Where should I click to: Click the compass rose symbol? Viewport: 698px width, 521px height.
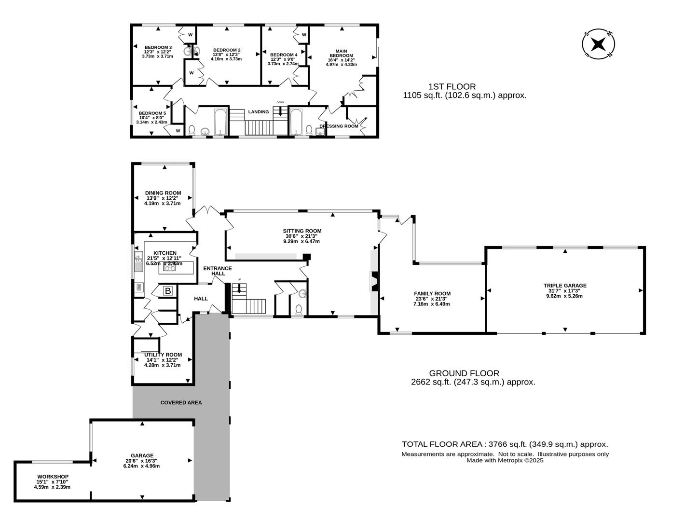click(x=598, y=44)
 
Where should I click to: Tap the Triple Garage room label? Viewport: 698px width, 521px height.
click(x=565, y=286)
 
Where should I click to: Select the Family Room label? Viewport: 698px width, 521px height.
click(x=432, y=293)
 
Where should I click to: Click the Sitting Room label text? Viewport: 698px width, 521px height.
click(x=302, y=231)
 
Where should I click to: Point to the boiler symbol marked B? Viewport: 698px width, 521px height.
click(x=168, y=291)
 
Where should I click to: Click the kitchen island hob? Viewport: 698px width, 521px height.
click(x=170, y=268)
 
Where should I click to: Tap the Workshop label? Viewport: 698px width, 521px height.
click(x=53, y=477)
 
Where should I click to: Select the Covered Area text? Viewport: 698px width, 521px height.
click(x=181, y=402)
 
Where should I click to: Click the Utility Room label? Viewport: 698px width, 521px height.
click(x=163, y=355)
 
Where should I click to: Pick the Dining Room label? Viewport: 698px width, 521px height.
click(x=163, y=193)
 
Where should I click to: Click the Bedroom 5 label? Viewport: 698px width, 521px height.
click(x=152, y=113)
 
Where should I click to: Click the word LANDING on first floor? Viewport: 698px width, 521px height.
click(x=259, y=112)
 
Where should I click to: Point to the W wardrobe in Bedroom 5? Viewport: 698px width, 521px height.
click(x=178, y=131)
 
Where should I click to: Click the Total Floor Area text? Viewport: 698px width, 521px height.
click(x=505, y=444)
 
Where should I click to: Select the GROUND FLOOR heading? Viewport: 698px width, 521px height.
click(x=464, y=373)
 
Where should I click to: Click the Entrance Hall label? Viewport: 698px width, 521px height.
click(x=218, y=271)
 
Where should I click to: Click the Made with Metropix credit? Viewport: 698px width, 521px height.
click(x=505, y=460)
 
